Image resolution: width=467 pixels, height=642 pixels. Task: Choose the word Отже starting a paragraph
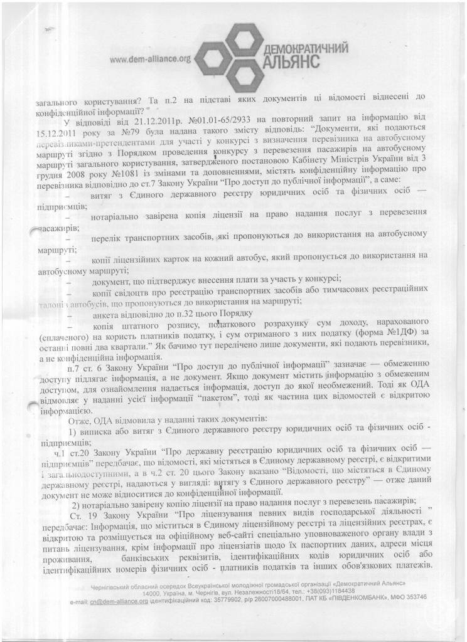click(79, 418)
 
